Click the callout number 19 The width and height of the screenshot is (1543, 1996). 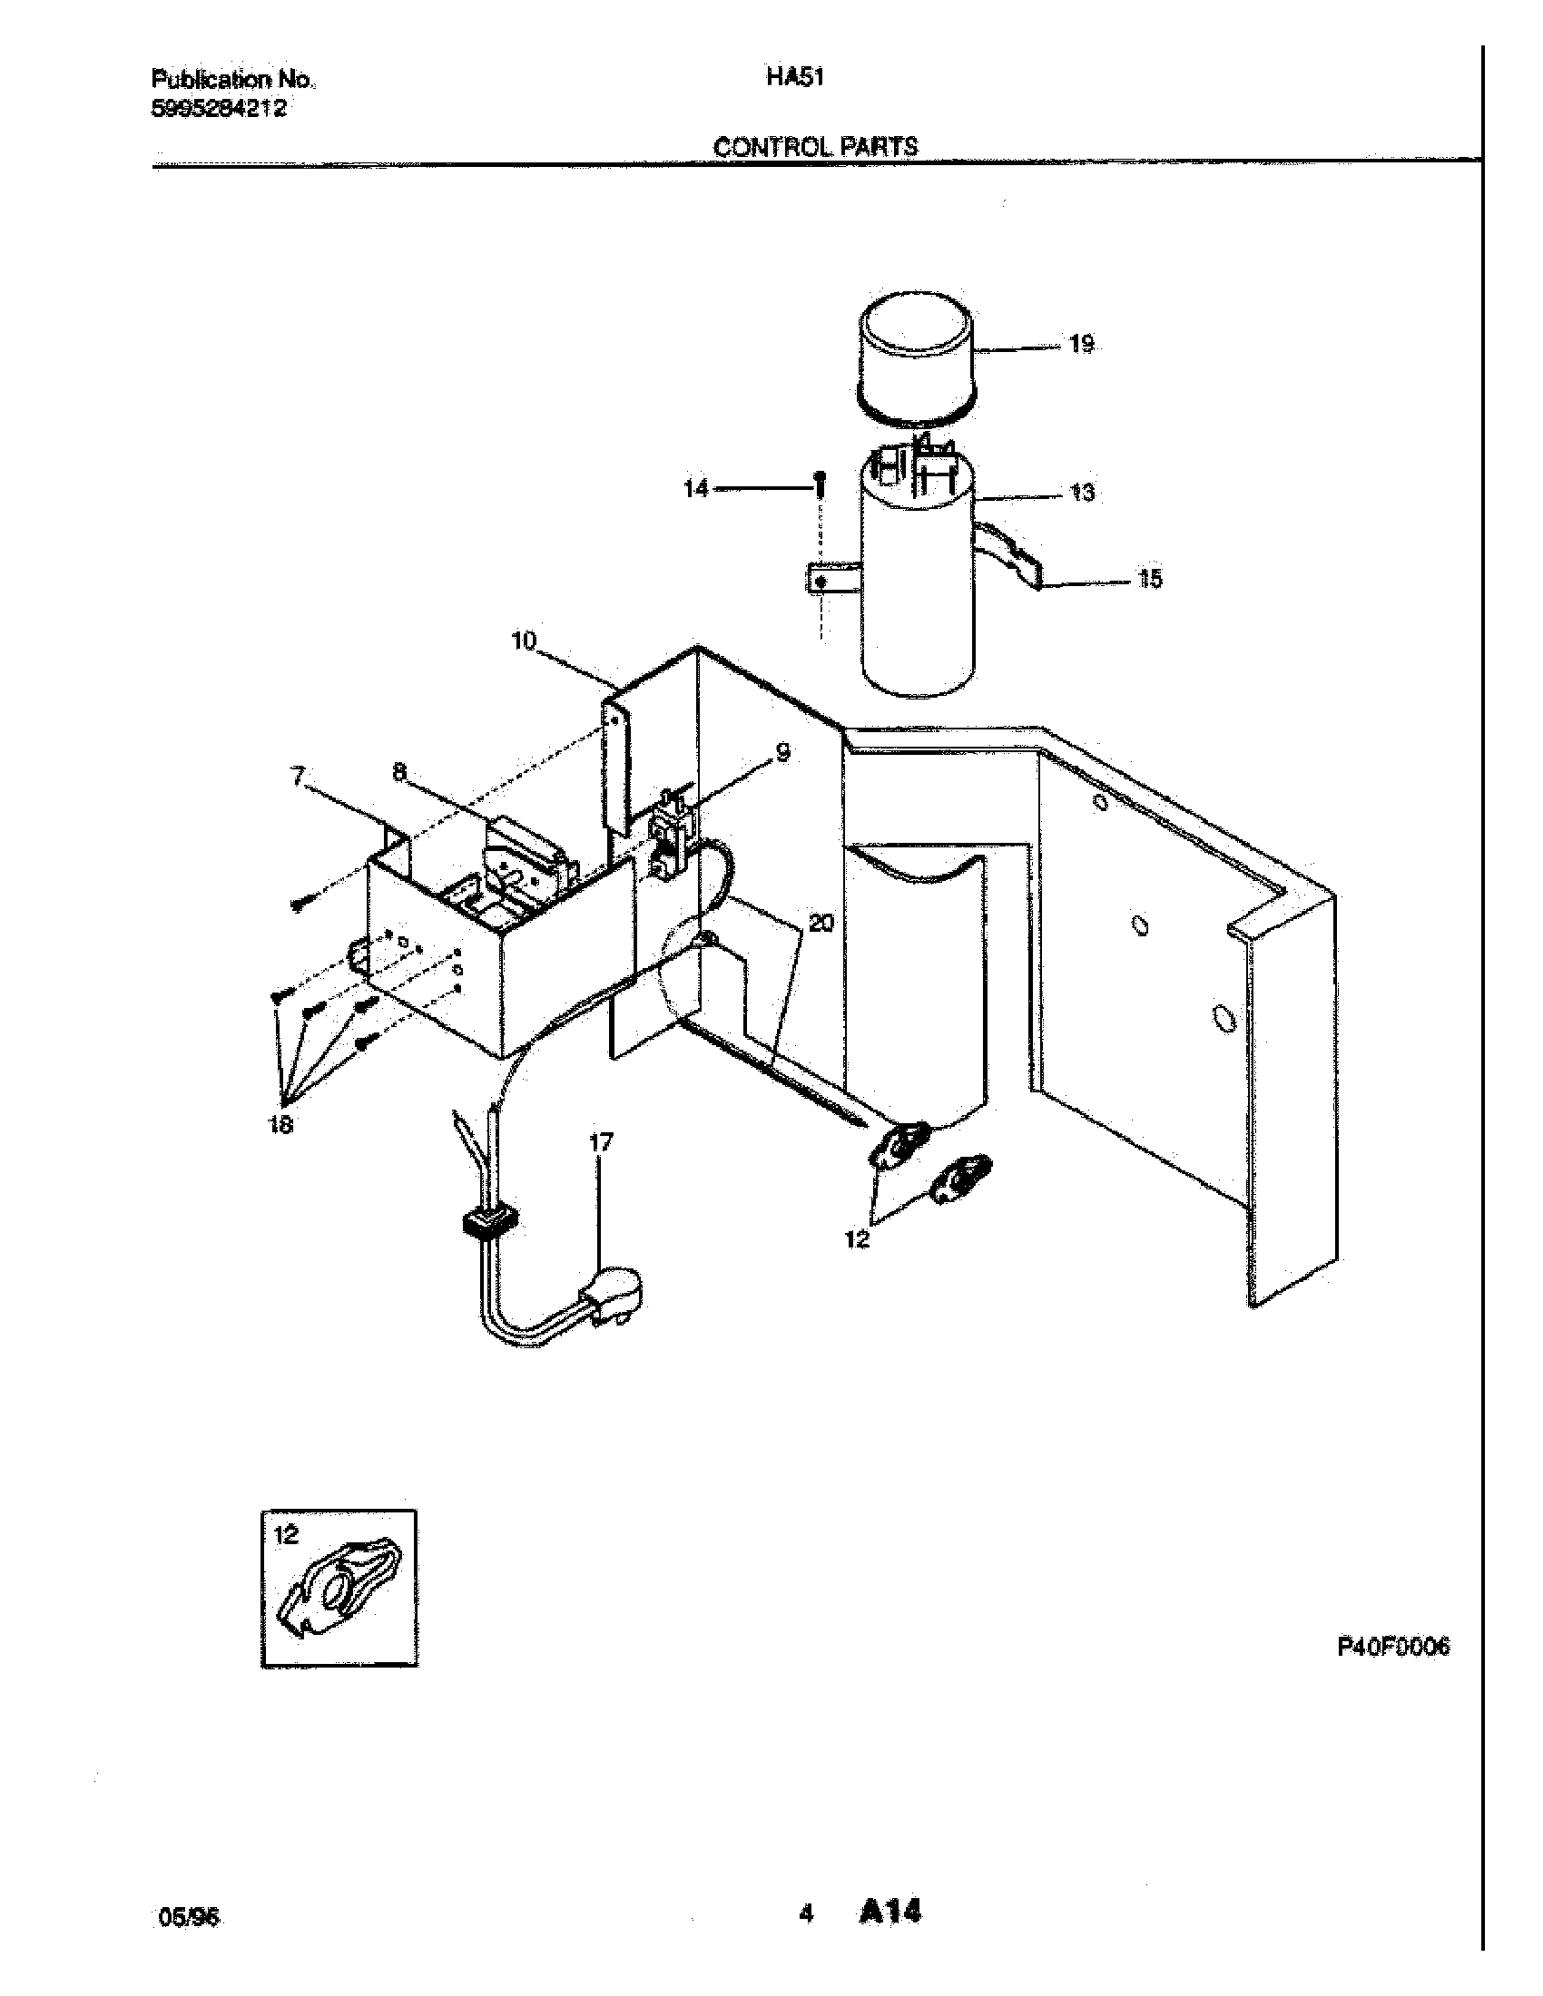1081,345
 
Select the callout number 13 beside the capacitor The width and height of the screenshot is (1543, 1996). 1081,493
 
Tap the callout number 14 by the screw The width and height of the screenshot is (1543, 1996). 695,489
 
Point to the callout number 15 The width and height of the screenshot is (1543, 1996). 1150,579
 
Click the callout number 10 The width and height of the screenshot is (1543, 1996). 524,641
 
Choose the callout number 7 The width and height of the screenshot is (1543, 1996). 297,776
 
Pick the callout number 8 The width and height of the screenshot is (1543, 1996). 399,772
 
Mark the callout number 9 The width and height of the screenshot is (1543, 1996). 782,752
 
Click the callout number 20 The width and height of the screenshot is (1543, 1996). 821,923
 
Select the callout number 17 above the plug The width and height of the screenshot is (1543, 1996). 601,1141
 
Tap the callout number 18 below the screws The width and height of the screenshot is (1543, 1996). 280,1125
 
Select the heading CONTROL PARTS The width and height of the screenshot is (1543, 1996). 814,146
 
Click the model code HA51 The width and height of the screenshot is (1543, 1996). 795,79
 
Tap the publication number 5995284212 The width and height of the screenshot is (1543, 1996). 219,109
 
